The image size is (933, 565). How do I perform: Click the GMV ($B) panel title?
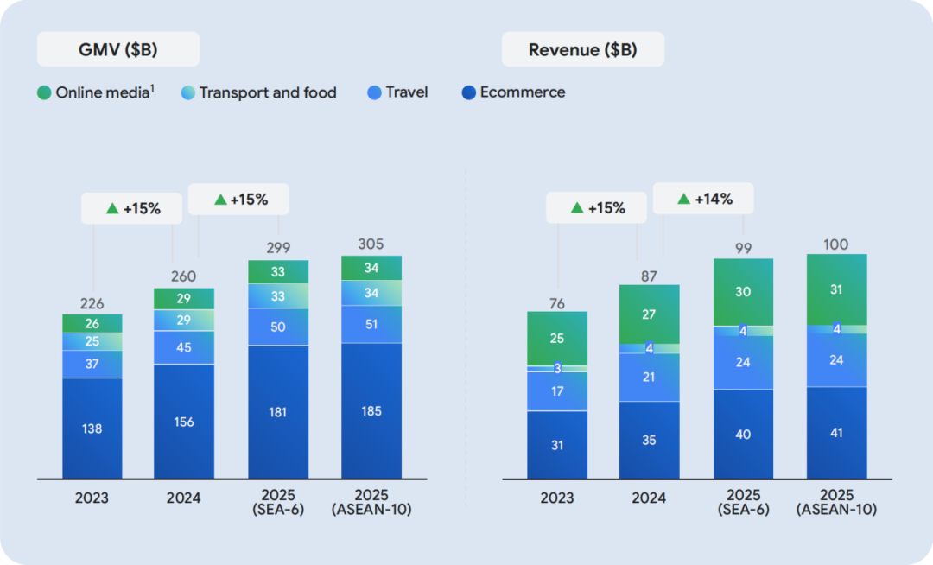click(117, 49)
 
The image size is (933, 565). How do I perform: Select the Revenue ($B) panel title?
click(582, 49)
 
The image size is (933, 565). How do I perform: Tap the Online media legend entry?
click(98, 92)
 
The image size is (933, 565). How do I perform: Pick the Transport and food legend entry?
click(258, 92)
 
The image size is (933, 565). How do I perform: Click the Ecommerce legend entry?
click(513, 92)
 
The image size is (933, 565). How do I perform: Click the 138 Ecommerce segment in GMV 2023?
click(92, 429)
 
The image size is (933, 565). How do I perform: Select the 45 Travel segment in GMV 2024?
click(184, 348)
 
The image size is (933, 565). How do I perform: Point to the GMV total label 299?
click(277, 248)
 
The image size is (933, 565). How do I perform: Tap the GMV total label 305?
click(371, 244)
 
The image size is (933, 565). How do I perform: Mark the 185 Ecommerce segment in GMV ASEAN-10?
click(371, 411)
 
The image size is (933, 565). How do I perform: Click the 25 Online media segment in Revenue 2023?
click(557, 339)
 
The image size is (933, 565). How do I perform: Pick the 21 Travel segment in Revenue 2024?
click(650, 378)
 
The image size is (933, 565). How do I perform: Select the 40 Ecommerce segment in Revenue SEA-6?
click(743, 434)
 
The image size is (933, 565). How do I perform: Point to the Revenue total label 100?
click(836, 244)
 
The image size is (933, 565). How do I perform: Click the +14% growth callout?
click(704, 199)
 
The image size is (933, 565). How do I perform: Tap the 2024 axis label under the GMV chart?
click(184, 498)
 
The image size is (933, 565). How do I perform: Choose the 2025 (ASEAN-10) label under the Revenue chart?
click(836, 503)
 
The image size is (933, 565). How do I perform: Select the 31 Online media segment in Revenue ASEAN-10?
click(836, 289)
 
